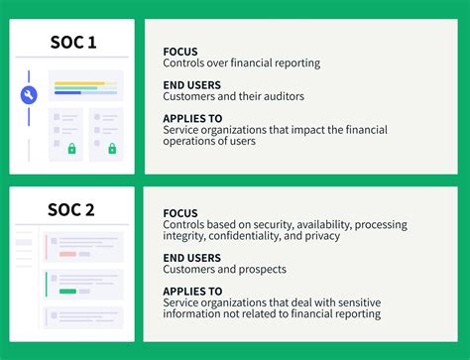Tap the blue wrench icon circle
[x=29, y=95]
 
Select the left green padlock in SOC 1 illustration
[x=71, y=149]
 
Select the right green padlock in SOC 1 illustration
[x=112, y=149]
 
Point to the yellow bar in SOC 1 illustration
[x=79, y=83]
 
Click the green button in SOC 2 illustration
[x=68, y=291]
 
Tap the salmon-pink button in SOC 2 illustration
[x=68, y=254]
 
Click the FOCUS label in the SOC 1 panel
[x=180, y=52]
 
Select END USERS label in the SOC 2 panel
[x=192, y=257]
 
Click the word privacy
[x=321, y=236]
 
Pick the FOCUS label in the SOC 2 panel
[x=180, y=213]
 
